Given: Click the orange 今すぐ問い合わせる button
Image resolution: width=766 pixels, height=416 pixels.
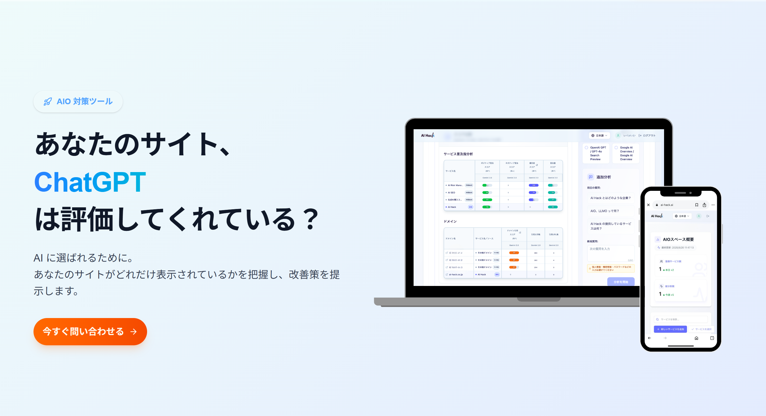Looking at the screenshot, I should pos(90,331).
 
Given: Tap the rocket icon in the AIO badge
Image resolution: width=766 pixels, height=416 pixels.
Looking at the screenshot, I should pos(48,102).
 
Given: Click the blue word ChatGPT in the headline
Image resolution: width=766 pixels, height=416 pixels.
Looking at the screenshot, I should pos(90,182).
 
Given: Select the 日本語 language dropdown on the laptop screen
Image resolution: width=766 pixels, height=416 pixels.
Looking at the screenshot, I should pos(599,136).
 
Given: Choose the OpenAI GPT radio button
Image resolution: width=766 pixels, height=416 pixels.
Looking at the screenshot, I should pos(586,147).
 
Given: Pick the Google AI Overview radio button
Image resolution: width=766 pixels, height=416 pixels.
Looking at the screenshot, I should pos(616,147).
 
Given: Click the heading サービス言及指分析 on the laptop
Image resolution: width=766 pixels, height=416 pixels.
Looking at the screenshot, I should pos(458,154).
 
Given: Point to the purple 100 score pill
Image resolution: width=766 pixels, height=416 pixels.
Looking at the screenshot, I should pos(533,185).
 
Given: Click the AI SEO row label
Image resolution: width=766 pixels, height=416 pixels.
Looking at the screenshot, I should pos(451,193).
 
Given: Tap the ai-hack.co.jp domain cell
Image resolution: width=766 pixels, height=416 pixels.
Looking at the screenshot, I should pos(456,275).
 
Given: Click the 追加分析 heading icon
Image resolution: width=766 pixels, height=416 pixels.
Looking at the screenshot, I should pos(591,177).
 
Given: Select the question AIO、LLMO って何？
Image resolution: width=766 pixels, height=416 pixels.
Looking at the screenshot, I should pos(604,211).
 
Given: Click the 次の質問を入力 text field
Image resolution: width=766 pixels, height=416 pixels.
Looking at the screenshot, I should pos(610,253).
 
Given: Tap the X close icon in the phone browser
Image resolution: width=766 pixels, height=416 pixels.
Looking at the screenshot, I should pos(648,205).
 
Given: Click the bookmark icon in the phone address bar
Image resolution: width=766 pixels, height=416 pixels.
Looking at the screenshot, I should pos(697,205).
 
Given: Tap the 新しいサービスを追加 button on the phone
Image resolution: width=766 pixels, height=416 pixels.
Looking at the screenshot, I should pos(670,329).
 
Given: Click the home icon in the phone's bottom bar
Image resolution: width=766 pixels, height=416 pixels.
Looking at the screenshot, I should pos(696,338).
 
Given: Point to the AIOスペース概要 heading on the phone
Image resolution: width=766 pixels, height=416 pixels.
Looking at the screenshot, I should pos(678,239).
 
